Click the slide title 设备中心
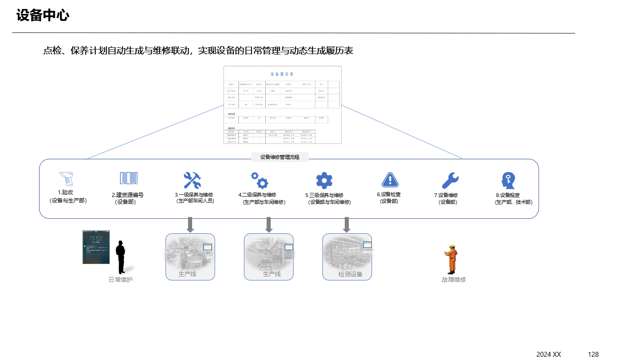(x=43, y=15)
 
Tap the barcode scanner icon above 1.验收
(x=66, y=179)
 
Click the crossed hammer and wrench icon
(x=192, y=180)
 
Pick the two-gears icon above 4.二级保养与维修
(x=259, y=180)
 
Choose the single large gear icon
(x=324, y=180)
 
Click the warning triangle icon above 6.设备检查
(x=390, y=180)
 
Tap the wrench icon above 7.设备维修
(x=450, y=180)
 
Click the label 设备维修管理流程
(x=280, y=157)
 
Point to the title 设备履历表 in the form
(x=282, y=74)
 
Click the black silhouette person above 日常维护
(x=120, y=257)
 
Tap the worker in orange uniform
(x=452, y=259)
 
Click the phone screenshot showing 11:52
(x=96, y=247)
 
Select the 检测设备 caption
(x=350, y=274)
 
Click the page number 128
(x=593, y=354)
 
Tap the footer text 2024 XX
(x=549, y=354)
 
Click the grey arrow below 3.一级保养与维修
(x=190, y=225)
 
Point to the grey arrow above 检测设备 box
(x=347, y=225)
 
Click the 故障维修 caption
(x=454, y=280)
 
